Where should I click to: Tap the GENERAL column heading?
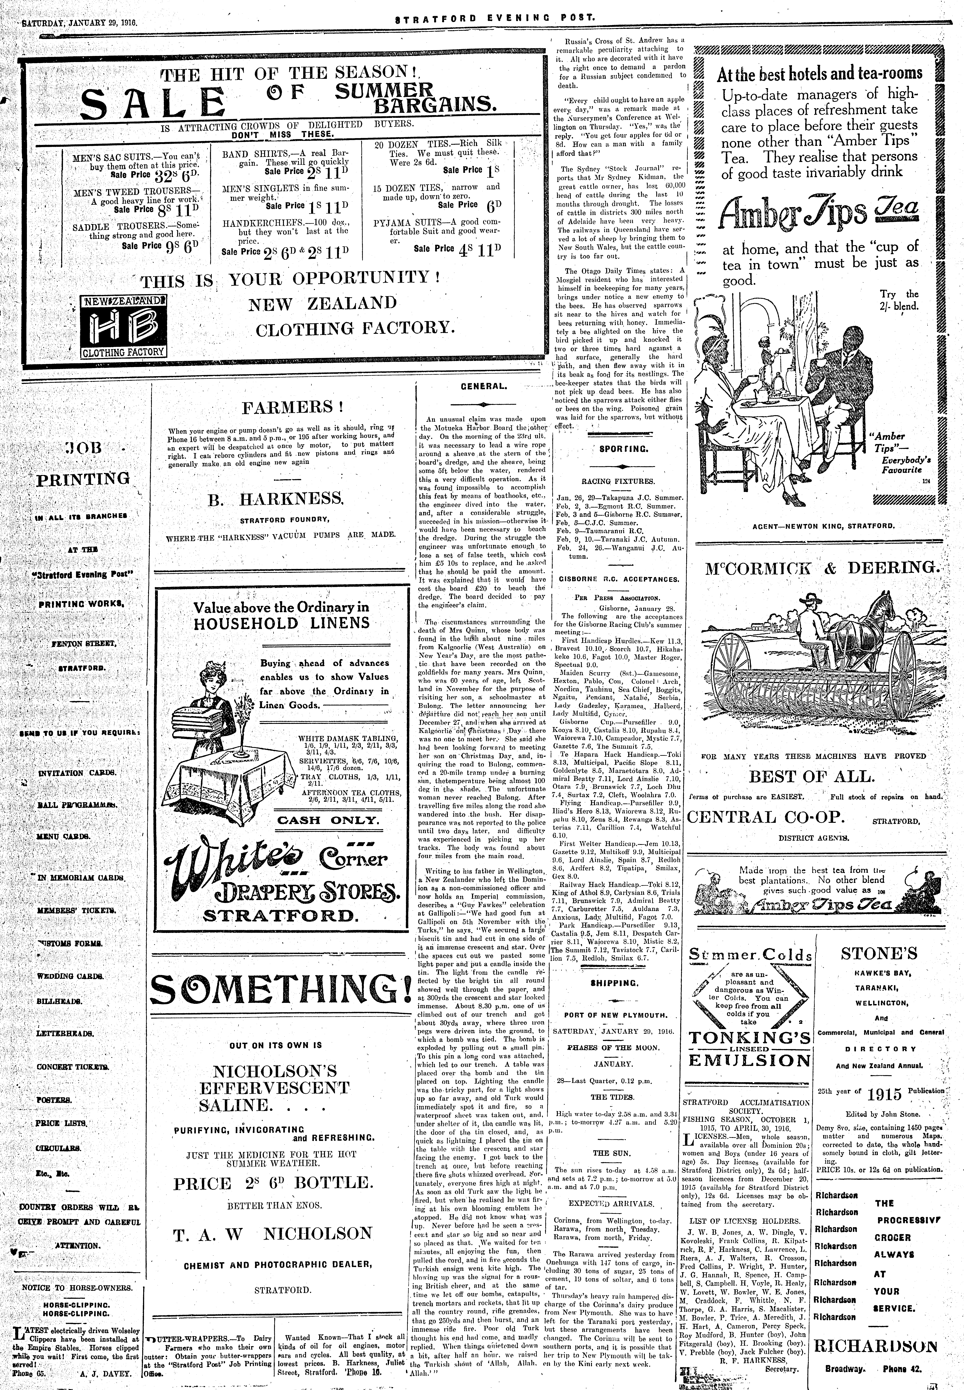[x=483, y=386]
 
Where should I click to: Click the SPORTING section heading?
[x=616, y=449]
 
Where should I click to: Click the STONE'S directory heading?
[x=879, y=954]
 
